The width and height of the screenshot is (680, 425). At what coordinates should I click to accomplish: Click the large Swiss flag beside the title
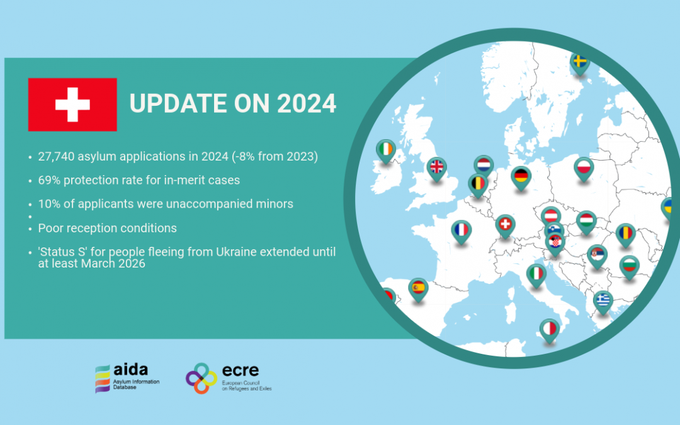(x=72, y=105)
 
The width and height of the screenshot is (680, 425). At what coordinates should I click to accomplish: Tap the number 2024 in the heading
(x=307, y=104)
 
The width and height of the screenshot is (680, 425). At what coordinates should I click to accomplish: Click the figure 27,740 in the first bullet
(x=56, y=157)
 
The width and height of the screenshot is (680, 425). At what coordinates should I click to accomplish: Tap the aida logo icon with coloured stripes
(x=103, y=378)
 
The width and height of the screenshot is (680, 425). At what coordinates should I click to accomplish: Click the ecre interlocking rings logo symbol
(x=201, y=378)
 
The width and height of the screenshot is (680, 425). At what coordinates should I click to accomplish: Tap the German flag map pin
(x=521, y=178)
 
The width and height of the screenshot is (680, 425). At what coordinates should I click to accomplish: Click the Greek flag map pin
(x=603, y=302)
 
